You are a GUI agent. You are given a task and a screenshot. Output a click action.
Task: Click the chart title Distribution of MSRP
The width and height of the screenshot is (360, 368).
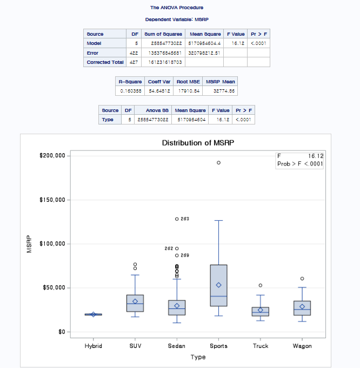201,143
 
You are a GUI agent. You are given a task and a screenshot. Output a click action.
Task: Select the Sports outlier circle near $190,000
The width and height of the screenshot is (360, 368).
219,162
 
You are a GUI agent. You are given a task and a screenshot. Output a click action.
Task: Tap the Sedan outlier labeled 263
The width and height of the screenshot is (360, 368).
177,219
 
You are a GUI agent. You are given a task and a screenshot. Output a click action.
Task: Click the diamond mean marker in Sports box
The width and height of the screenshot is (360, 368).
219,285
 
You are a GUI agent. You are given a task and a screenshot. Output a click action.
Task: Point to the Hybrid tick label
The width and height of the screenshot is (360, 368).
93,346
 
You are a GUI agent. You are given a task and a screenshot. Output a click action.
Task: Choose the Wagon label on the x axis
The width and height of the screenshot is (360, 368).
302,346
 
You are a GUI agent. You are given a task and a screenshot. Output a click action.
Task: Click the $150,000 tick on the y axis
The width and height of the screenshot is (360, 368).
53,200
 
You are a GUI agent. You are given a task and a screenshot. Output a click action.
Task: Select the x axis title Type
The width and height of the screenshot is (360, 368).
198,357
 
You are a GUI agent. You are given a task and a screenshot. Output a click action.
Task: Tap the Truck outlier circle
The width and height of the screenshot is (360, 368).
261,285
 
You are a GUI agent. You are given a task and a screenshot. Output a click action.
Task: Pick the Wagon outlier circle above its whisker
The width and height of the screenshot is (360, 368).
302,279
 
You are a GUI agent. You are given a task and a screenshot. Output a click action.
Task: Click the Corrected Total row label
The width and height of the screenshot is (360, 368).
105,62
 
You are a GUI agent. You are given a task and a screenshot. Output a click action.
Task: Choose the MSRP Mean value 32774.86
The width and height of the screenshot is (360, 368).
222,91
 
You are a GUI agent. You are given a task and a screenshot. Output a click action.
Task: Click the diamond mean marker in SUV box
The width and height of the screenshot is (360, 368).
135,301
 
